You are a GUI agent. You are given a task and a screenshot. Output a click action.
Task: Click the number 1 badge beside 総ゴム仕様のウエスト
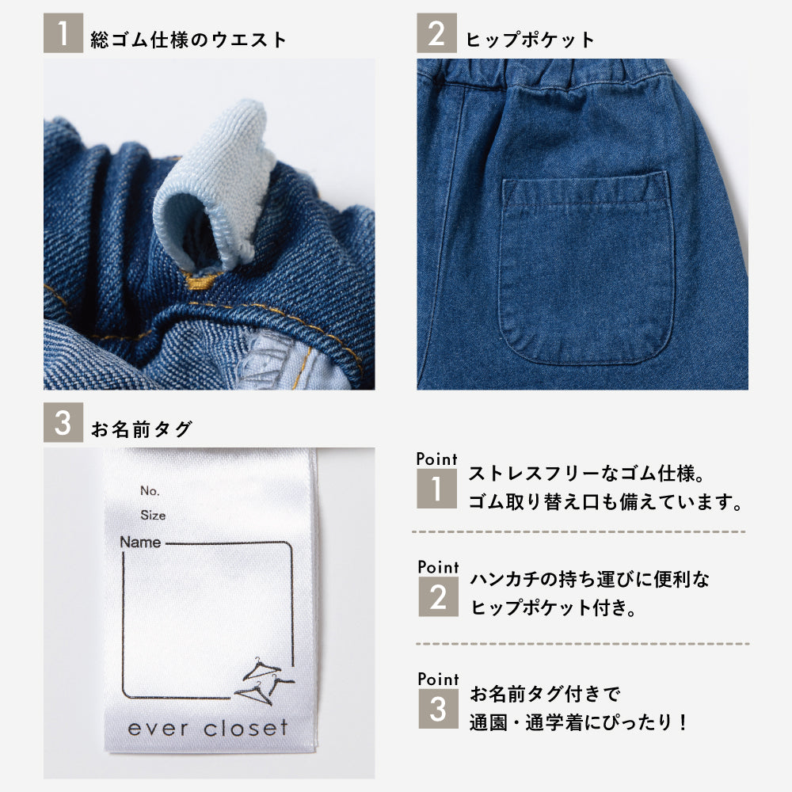[x=63, y=32]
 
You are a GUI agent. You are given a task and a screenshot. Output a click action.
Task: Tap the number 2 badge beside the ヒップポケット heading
[x=436, y=32]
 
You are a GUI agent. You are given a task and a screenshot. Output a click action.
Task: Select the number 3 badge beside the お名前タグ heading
[x=63, y=422]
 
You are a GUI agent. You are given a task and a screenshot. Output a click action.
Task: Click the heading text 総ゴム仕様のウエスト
[x=188, y=40]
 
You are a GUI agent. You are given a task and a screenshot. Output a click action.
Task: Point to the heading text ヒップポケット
[x=530, y=40]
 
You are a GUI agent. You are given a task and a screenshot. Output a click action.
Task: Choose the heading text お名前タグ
[x=142, y=428]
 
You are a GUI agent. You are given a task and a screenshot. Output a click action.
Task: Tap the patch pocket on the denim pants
[x=587, y=268]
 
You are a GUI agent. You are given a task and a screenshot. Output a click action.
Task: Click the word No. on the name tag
[x=150, y=490]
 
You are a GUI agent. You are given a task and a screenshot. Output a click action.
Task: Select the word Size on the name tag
[x=153, y=516]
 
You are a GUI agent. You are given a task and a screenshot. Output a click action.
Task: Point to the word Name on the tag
[x=140, y=542]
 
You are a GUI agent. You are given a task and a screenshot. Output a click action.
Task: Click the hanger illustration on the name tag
[x=265, y=681]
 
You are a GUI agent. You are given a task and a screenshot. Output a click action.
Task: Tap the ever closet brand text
[x=208, y=728]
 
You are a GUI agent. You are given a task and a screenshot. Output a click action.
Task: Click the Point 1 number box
[x=436, y=489]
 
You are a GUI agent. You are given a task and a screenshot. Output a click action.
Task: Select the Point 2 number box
[x=439, y=596]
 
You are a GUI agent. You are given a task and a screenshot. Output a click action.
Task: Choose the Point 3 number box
[x=439, y=709]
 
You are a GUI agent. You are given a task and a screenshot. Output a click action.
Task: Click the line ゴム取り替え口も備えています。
[x=605, y=502]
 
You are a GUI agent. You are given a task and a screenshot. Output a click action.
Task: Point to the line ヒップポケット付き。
[x=553, y=607]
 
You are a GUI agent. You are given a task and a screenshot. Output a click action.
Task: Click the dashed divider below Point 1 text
[x=579, y=532]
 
